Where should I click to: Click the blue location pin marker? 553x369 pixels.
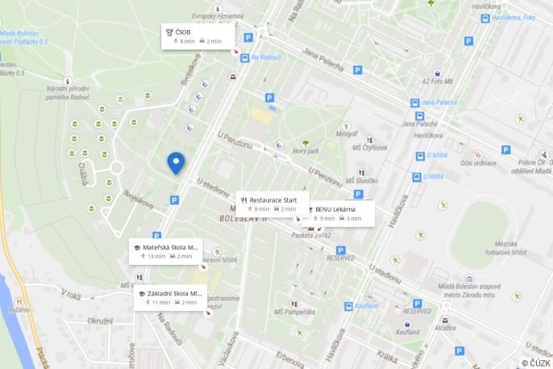tap(176, 163)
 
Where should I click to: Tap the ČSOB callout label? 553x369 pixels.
tap(197, 36)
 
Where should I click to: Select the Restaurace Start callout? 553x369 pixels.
tap(272, 203)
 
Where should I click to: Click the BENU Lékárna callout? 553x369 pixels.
tap(339, 213)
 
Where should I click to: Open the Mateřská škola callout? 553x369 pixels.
tap(165, 251)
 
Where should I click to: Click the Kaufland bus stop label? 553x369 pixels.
tap(367, 306)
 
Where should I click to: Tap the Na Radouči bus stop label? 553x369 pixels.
tap(265, 57)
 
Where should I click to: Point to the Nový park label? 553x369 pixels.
tap(306, 151)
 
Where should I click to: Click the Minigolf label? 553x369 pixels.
tap(347, 134)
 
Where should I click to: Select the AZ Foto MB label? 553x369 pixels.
tap(437, 82)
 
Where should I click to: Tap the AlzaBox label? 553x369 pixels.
tap(445, 328)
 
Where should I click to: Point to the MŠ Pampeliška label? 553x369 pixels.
tap(294, 312)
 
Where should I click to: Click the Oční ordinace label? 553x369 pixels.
tap(479, 163)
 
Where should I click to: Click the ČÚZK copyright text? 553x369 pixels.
tap(537, 363)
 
